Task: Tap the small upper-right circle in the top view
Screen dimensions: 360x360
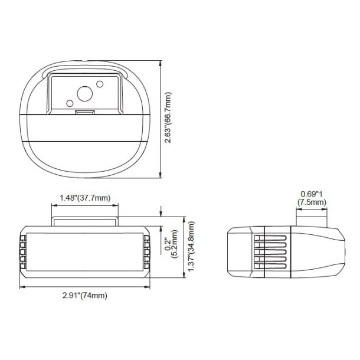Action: click(99, 85)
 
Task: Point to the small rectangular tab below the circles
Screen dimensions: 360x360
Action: click(85, 110)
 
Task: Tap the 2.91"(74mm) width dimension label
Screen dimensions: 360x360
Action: click(84, 295)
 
